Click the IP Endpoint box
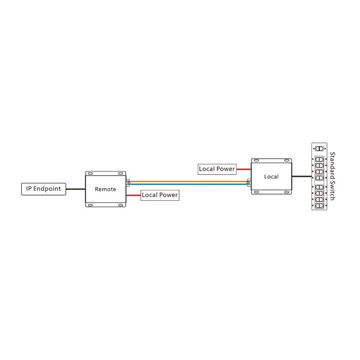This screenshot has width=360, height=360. [44, 189]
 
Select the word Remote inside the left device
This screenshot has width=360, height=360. [105, 189]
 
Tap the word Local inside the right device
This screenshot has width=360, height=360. [271, 176]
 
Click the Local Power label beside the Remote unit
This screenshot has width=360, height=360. [160, 195]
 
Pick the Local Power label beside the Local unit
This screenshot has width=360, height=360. [217, 169]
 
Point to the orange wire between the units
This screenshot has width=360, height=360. [189, 181]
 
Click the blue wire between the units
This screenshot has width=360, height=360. [189, 184]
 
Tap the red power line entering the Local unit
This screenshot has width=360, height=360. [244, 169]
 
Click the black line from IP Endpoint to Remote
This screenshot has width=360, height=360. [76, 189]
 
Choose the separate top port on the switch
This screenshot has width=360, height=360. [319, 148]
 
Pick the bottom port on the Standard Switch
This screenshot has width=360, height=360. [319, 205]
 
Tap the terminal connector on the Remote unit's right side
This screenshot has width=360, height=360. [128, 183]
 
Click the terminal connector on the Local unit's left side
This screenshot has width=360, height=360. [249, 183]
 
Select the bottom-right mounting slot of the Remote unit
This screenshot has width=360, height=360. [120, 205]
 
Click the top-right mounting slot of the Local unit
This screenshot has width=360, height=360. [286, 161]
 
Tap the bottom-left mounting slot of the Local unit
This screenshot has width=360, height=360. [257, 193]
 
